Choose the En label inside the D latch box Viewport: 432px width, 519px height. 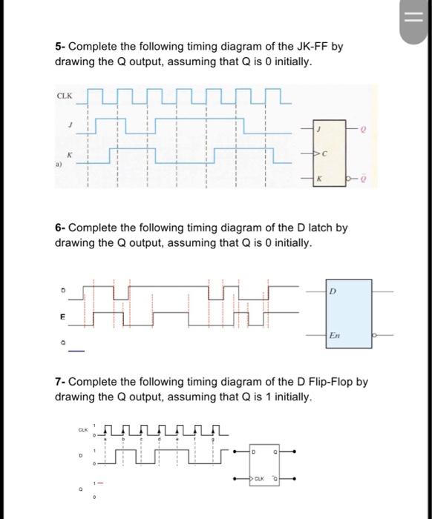point(336,336)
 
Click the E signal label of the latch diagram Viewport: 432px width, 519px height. point(64,317)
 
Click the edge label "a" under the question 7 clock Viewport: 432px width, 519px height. point(108,439)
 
